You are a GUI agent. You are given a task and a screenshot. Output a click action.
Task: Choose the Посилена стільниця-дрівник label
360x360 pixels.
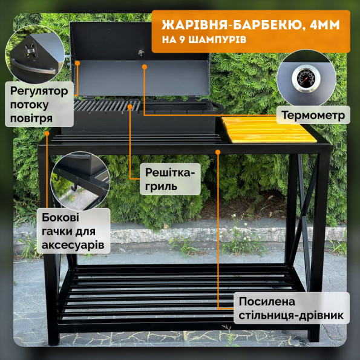coord(292,307)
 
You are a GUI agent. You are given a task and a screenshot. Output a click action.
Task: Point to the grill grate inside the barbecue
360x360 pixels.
coord(106,106)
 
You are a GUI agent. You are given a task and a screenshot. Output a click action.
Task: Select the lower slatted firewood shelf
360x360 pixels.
coord(175,290)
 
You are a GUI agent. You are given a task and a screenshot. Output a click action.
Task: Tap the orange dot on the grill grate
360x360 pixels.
coord(131,106)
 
